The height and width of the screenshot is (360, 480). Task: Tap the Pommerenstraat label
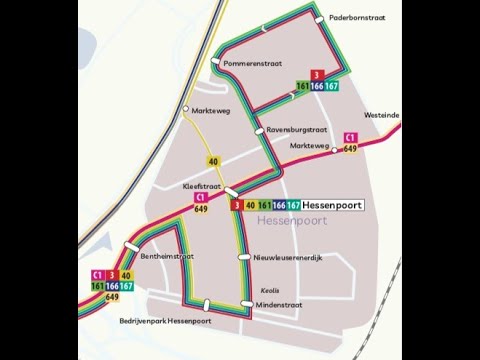pyautogui.click(x=253, y=63)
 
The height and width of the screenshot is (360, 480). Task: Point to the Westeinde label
pyautogui.click(x=383, y=115)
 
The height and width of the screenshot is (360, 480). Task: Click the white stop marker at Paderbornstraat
pyautogui.click(x=318, y=17)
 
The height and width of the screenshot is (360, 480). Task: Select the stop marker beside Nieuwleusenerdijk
pyautogui.click(x=243, y=257)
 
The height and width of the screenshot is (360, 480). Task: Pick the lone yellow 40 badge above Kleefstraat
pyautogui.click(x=214, y=161)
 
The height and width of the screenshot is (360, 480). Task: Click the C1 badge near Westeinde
pyautogui.click(x=350, y=137)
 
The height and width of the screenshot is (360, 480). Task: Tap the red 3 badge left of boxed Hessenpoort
pyautogui.click(x=236, y=205)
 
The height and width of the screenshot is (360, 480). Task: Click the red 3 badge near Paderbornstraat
pyautogui.click(x=317, y=75)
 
